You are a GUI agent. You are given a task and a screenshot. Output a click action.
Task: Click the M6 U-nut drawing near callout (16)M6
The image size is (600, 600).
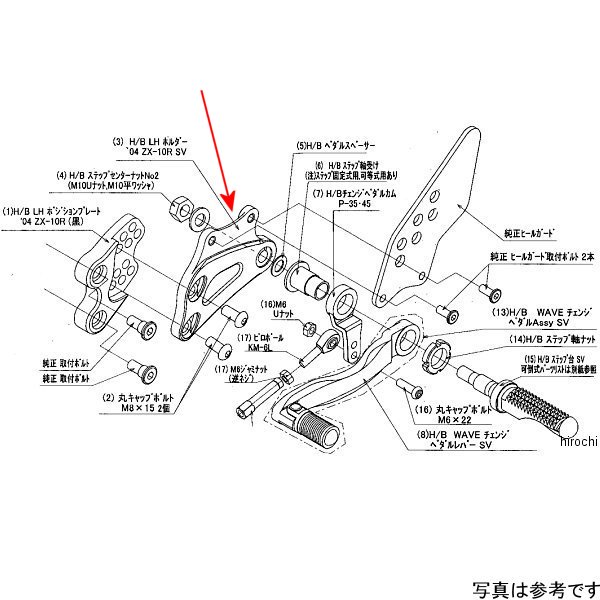310,327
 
